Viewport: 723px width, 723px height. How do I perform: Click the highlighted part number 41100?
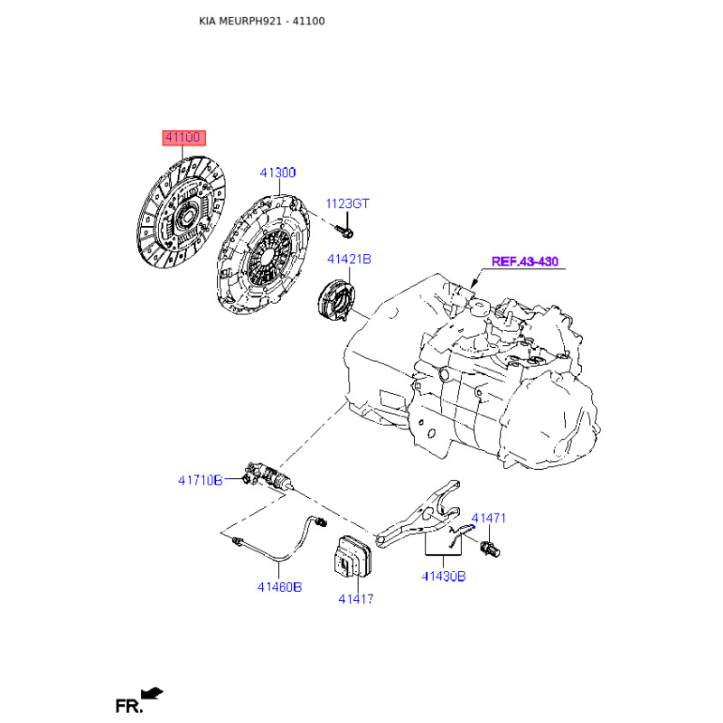tap(183, 137)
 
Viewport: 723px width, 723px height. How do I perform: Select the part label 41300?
tap(277, 173)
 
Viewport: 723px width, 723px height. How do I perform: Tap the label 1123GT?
tap(347, 203)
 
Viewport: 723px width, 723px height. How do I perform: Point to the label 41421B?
tap(349, 259)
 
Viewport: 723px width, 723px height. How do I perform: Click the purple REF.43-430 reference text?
tap(525, 261)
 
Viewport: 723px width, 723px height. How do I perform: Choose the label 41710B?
tap(200, 481)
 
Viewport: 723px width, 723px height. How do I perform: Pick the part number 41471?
tap(488, 518)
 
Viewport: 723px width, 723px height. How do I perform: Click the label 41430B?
tap(444, 577)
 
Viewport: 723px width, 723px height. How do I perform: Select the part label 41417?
tap(355, 599)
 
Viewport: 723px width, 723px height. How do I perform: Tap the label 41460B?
tap(279, 587)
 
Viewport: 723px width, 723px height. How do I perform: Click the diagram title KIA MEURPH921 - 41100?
tap(262, 21)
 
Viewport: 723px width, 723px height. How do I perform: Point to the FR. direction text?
tap(129, 707)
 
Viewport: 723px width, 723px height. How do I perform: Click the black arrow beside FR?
tap(152, 693)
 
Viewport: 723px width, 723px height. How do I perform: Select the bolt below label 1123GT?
tap(344, 230)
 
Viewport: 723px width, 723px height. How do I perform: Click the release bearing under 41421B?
tap(336, 299)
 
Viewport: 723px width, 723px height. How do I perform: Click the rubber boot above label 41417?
tap(352, 557)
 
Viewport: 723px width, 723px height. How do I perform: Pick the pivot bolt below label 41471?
tap(490, 549)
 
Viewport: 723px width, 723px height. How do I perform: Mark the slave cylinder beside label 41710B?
tap(268, 477)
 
